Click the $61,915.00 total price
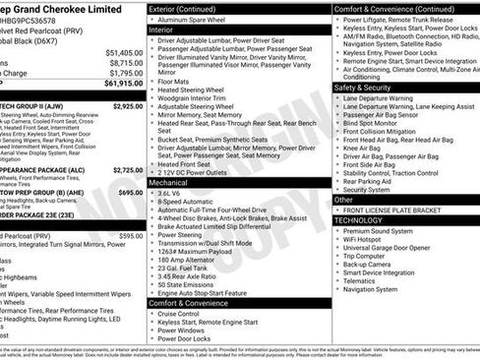click(122, 85)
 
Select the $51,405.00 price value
click(124, 52)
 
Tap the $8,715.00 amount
click(126, 63)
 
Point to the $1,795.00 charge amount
click(126, 74)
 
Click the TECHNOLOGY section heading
click(364, 221)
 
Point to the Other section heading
click(343, 200)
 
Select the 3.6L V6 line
click(176, 194)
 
